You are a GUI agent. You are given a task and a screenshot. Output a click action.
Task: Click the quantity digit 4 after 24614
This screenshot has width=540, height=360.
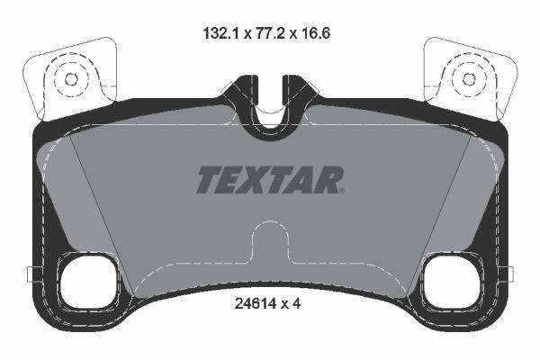point(295,303)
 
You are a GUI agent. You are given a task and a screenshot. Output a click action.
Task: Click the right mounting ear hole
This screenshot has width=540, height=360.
point(469,78)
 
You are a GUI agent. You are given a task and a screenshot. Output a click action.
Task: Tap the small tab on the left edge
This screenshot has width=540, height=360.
point(31,274)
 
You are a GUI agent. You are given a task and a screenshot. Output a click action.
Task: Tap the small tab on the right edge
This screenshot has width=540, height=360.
point(508,274)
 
